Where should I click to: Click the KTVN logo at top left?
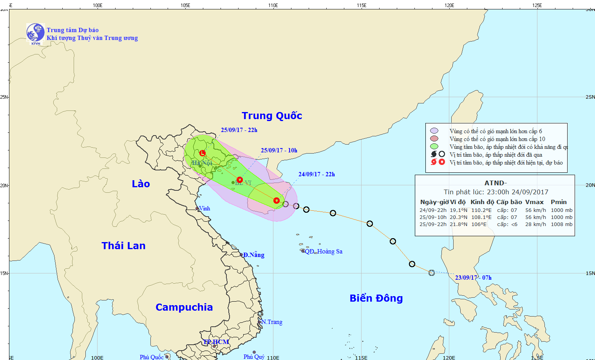click(x=35, y=33)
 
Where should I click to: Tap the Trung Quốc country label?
click(x=272, y=116)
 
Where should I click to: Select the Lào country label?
click(x=141, y=184)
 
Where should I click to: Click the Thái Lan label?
click(x=123, y=246)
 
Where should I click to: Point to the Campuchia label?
click(x=184, y=307)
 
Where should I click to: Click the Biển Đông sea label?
click(x=376, y=298)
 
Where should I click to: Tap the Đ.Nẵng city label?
click(x=253, y=255)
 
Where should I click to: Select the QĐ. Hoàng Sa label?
click(x=323, y=251)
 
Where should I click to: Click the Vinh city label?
click(x=204, y=208)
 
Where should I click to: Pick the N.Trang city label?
click(x=272, y=322)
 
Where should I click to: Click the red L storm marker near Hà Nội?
click(x=203, y=153)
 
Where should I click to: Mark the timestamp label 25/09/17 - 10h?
click(x=279, y=150)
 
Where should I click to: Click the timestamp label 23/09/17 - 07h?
click(x=473, y=278)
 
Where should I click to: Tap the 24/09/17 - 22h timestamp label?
click(x=316, y=174)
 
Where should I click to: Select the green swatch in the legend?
click(x=434, y=147)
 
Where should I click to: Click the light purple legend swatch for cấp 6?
click(x=434, y=131)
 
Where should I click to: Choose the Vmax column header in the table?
click(x=534, y=202)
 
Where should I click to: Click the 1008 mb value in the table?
click(x=561, y=224)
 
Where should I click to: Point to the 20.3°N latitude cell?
click(x=458, y=217)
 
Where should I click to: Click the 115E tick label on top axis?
click(x=361, y=5)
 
